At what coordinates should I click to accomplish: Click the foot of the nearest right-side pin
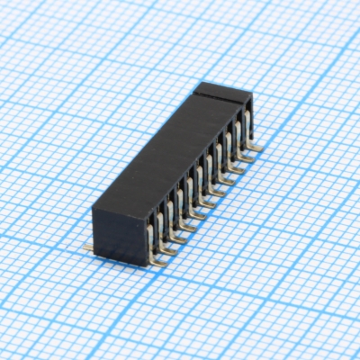pyautogui.click(x=158, y=258)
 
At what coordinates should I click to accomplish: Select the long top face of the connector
pyautogui.click(x=166, y=153)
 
